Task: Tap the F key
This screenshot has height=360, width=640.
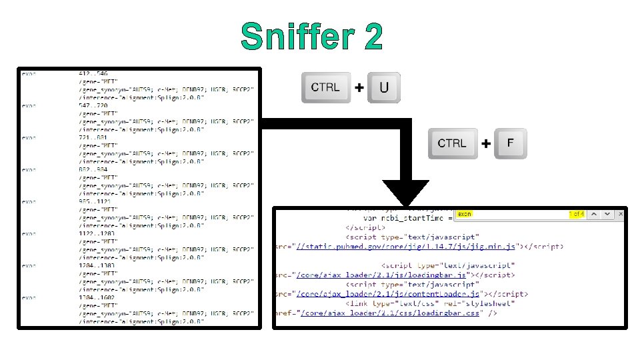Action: [x=510, y=143]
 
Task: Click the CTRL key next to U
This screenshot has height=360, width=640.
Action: [x=325, y=87]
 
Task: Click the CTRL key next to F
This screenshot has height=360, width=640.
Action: [x=453, y=143]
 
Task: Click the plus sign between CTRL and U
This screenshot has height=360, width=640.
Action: [x=359, y=88]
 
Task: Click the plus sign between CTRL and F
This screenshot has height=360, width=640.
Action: [x=486, y=143]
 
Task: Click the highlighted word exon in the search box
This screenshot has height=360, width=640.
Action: [x=465, y=214]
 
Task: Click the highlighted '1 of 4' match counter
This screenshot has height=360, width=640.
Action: [x=577, y=214]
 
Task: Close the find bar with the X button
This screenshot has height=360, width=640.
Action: [x=621, y=214]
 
